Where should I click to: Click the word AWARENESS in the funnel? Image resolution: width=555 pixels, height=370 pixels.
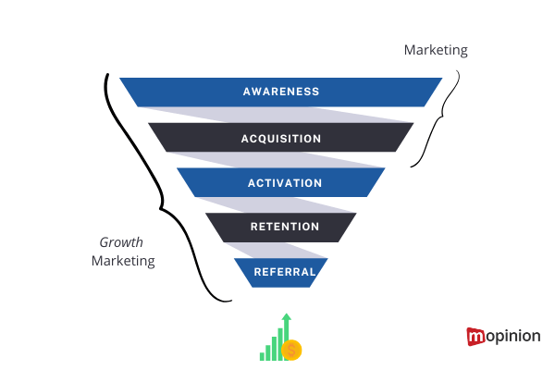point(280,92)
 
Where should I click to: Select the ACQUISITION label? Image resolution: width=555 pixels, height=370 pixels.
point(280,139)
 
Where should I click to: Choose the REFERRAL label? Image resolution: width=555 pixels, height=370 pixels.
point(281,272)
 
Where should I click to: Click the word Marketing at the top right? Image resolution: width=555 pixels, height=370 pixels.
point(435,50)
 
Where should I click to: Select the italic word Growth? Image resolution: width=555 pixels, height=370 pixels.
point(121,242)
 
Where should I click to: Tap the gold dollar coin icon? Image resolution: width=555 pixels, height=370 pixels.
point(291,350)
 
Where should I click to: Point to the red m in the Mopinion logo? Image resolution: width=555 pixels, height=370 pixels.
point(476,337)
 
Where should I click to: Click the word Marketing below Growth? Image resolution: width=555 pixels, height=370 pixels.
point(123,261)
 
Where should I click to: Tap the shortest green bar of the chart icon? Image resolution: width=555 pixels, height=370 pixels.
point(263,354)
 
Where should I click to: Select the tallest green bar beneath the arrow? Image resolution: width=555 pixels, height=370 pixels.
point(287,335)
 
